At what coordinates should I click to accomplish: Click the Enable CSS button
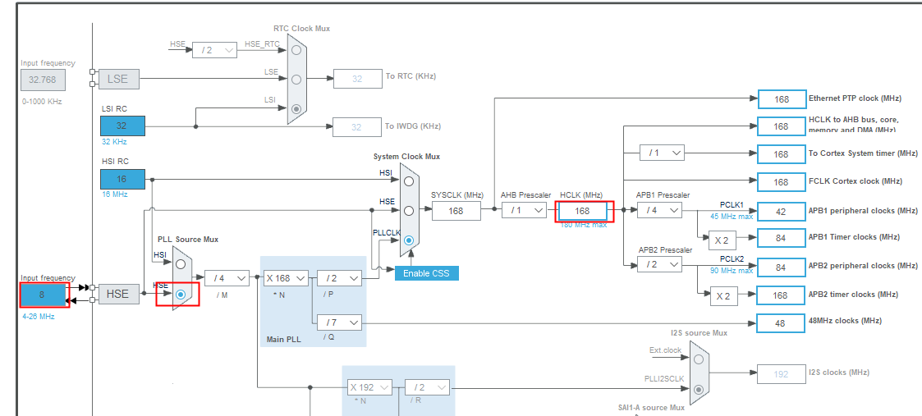[x=426, y=272]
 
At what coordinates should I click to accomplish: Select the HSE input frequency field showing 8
[x=44, y=294]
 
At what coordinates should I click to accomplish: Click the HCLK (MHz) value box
[x=581, y=211]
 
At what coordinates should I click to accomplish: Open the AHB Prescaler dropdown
[x=525, y=211]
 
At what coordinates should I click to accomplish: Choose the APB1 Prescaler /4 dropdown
[x=659, y=210]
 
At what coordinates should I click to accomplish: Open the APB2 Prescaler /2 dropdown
[x=659, y=264]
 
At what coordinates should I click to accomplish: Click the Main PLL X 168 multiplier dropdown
[x=286, y=278]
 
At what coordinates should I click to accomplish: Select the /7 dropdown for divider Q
[x=338, y=322]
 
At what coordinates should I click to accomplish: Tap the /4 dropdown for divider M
[x=227, y=278]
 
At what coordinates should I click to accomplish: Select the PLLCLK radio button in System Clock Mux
[x=408, y=240]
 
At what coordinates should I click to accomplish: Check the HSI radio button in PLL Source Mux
[x=181, y=264]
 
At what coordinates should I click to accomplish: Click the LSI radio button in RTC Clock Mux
[x=296, y=108]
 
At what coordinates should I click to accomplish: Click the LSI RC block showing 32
[x=122, y=126]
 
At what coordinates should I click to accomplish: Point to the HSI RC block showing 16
[x=122, y=179]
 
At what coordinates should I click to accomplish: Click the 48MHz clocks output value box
[x=781, y=323]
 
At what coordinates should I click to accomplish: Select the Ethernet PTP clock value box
[x=781, y=98]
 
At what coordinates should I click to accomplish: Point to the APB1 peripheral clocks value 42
[x=781, y=211]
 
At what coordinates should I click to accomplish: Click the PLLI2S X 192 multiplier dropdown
[x=369, y=387]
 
